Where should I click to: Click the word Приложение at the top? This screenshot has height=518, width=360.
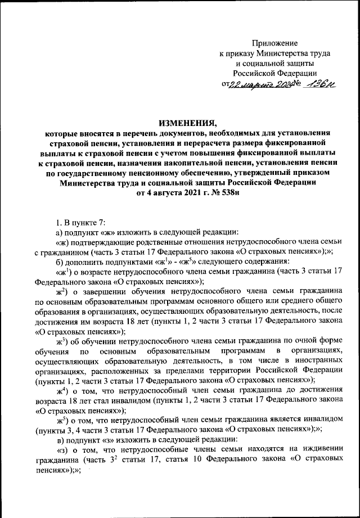(x=275, y=43)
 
